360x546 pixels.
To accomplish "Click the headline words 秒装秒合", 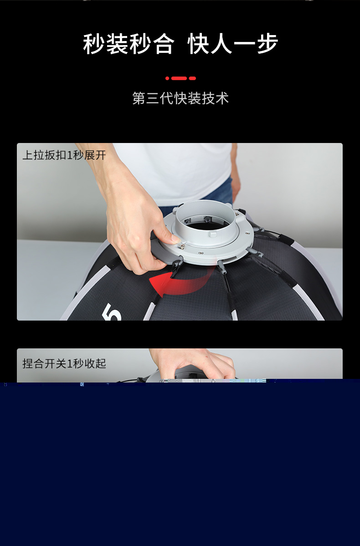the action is click(x=129, y=44).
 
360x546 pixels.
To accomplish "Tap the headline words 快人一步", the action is click(x=233, y=44).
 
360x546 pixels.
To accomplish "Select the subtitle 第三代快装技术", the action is click(x=180, y=98).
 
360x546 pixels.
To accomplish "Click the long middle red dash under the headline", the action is click(x=179, y=78).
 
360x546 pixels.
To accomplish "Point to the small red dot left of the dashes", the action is click(x=167, y=78).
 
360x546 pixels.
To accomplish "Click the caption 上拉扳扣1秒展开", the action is click(x=64, y=155).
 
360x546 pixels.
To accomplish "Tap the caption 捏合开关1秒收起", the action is click(x=64, y=363).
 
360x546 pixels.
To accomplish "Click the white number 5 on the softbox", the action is click(x=112, y=313).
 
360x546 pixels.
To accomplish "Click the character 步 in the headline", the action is click(x=267, y=44).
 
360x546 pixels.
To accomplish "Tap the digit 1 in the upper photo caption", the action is click(x=70, y=155).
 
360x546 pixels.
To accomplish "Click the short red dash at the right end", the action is click(x=192, y=78).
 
